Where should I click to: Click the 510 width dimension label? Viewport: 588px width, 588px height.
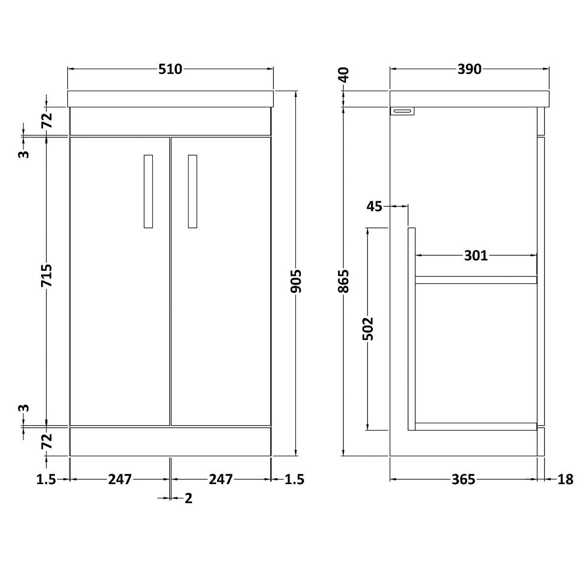click(170, 69)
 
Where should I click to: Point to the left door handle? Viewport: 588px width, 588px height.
click(148, 191)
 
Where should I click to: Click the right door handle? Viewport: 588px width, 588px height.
click(193, 191)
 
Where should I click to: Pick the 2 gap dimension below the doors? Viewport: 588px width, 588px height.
click(189, 498)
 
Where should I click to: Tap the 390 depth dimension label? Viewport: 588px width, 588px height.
click(469, 69)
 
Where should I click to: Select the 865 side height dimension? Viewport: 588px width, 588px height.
click(344, 281)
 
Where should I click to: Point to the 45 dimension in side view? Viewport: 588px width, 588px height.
click(375, 206)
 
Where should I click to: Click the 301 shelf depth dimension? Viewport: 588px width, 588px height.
click(476, 255)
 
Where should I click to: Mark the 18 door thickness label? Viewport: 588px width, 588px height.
click(565, 479)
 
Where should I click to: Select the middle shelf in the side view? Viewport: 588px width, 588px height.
click(476, 280)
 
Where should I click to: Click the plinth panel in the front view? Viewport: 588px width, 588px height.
click(171, 441)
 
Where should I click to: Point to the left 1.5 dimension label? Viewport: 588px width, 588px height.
click(47, 479)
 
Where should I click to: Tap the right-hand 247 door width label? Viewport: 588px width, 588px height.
click(220, 479)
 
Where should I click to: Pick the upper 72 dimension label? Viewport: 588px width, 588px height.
click(47, 121)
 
